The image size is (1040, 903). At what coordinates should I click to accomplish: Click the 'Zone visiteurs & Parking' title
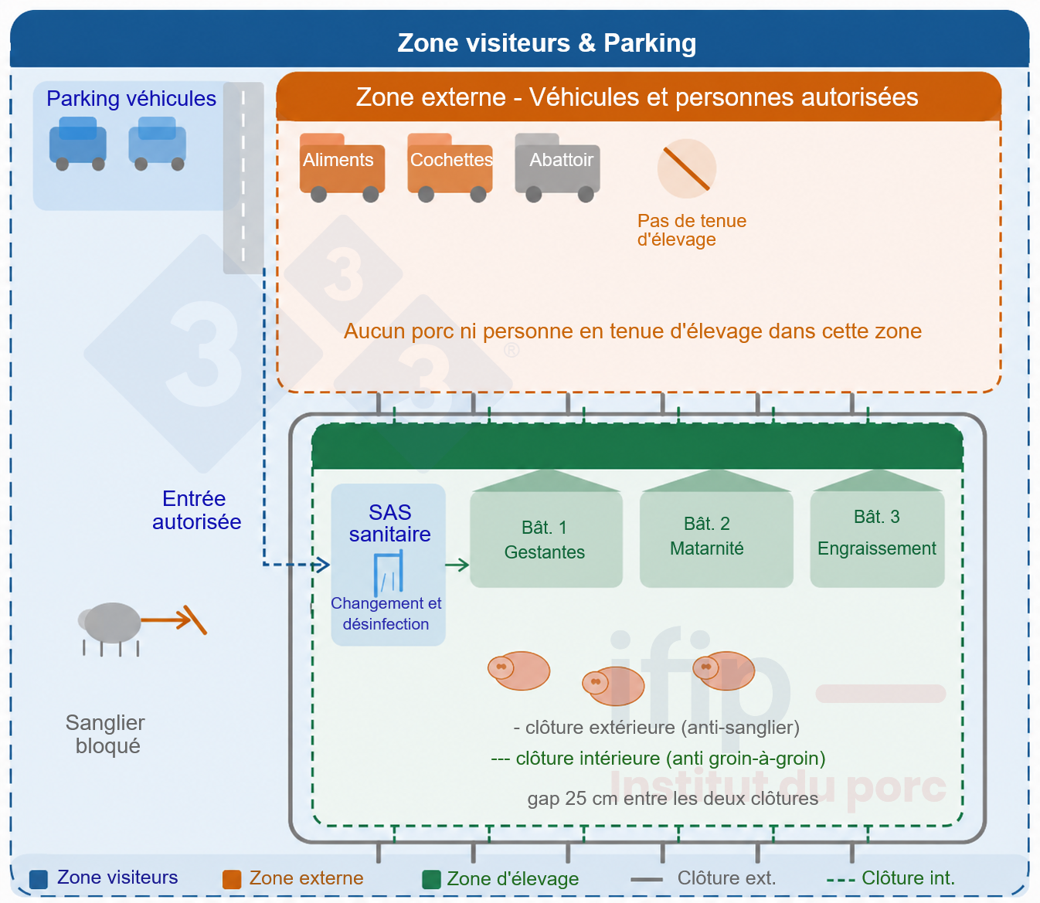(x=546, y=42)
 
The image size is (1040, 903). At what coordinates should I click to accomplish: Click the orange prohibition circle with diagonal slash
(x=687, y=168)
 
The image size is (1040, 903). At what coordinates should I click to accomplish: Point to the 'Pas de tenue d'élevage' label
(x=692, y=229)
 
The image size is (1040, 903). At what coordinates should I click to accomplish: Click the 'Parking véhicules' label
(x=131, y=99)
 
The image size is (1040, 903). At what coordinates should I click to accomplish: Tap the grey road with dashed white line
(x=243, y=178)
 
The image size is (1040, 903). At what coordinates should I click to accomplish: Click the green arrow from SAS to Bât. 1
(x=457, y=565)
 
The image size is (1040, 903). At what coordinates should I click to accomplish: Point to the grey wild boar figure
(x=110, y=628)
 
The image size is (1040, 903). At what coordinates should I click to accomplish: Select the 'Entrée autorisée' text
(x=196, y=510)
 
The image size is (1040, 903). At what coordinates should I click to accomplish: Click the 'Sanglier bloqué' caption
(x=106, y=735)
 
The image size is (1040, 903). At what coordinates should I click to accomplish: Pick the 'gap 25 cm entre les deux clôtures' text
(x=672, y=798)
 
